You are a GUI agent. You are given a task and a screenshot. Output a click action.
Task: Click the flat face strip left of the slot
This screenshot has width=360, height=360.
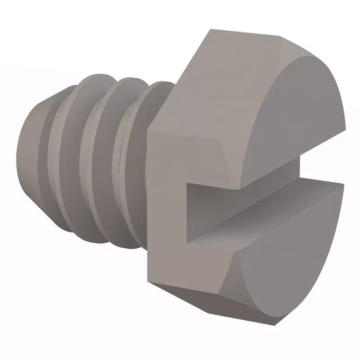coord(166,202)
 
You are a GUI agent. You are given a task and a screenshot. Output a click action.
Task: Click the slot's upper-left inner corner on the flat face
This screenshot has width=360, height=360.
coord(189,183)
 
